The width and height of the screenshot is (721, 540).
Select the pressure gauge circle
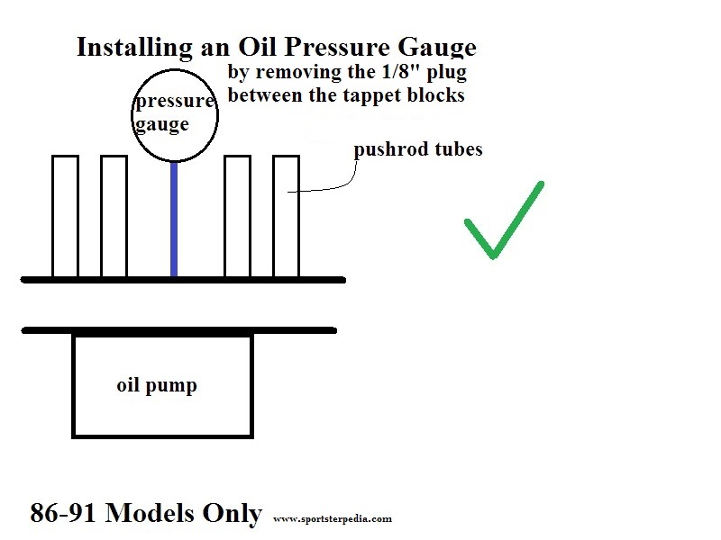[176, 115]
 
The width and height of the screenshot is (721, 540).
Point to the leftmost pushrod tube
[66, 216]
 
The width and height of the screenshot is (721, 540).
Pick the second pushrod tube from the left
[114, 216]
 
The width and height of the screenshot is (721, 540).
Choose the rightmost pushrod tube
[286, 216]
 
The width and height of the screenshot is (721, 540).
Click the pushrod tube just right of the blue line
[237, 216]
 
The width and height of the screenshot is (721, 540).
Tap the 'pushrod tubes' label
[417, 149]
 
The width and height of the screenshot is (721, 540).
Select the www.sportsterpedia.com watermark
[332, 518]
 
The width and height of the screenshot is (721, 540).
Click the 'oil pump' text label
[157, 386]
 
